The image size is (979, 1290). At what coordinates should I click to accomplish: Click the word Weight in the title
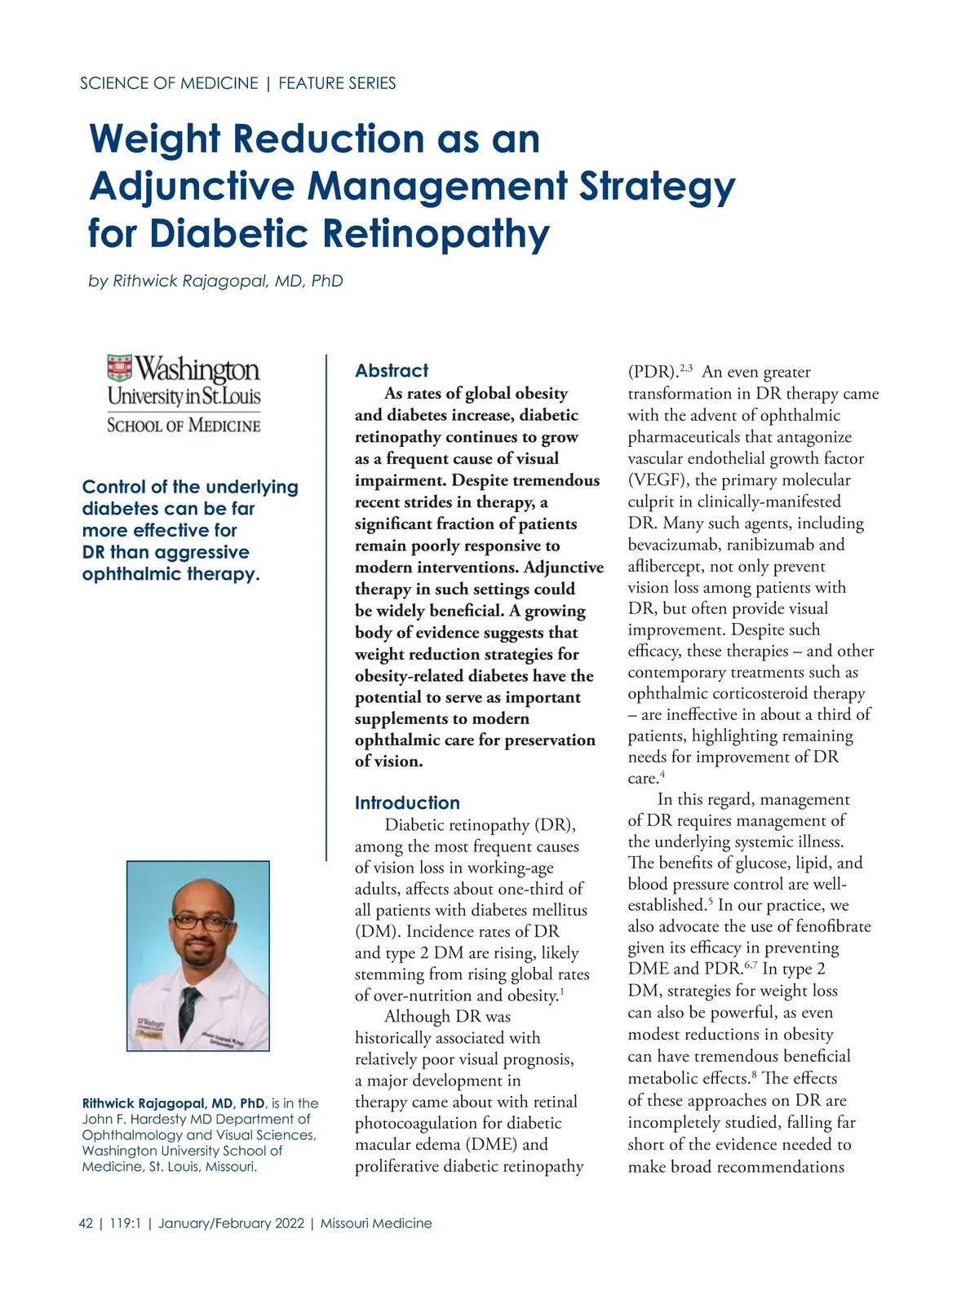[x=153, y=139]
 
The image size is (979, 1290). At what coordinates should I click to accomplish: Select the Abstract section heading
[x=392, y=371]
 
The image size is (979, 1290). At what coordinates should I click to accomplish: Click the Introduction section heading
[x=407, y=803]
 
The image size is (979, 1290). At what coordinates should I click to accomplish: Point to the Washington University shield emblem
[x=120, y=369]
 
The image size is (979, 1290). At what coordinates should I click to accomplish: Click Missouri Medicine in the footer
[x=376, y=1223]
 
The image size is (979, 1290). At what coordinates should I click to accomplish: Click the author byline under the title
[x=215, y=281]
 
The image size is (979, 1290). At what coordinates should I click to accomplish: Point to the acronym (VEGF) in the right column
[x=657, y=480]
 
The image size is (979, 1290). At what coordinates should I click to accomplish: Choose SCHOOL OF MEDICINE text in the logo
[x=184, y=425]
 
